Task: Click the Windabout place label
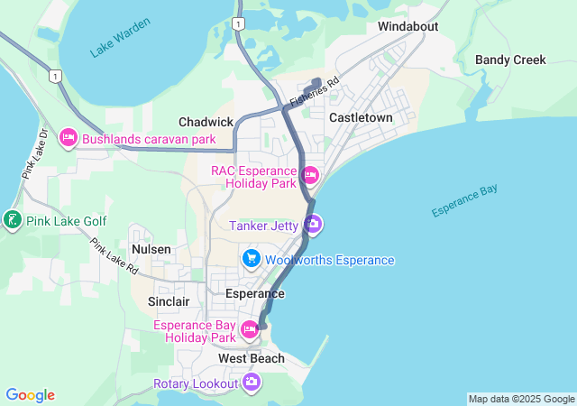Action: click(408, 26)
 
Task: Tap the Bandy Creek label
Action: click(510, 60)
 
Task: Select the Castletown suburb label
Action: click(361, 118)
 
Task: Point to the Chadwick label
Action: click(206, 122)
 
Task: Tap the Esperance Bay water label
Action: click(464, 200)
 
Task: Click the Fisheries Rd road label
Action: click(314, 92)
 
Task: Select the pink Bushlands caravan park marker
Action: click(69, 139)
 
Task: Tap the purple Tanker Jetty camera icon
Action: click(312, 225)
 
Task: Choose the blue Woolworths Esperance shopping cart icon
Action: click(252, 260)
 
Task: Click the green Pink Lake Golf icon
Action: click(12, 221)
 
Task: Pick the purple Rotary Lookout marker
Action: click(252, 383)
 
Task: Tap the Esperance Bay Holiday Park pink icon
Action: click(251, 332)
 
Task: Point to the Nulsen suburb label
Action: click(151, 248)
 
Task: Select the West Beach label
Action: click(252, 358)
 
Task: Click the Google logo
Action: click(30, 395)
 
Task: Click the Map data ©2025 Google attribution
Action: click(520, 399)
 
